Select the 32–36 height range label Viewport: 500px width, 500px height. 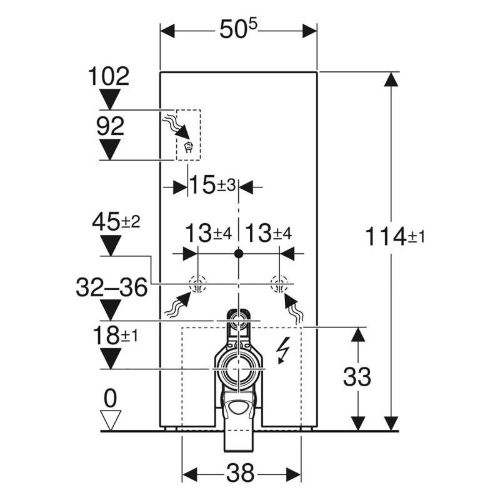pyautogui.click(x=111, y=287)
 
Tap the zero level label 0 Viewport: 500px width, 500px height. pyautogui.click(x=110, y=397)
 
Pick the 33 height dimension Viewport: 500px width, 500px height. pyautogui.click(x=357, y=377)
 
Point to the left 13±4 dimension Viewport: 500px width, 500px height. pyautogui.click(x=208, y=234)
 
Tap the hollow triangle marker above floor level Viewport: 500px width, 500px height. pyautogui.click(x=110, y=419)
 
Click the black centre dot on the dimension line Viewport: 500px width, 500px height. pyautogui.click(x=237, y=254)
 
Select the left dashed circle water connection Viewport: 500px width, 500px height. pyautogui.click(x=197, y=286)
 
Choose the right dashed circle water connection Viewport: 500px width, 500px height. pyautogui.click(x=278, y=286)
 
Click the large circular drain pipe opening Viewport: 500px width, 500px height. pyautogui.click(x=238, y=369)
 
